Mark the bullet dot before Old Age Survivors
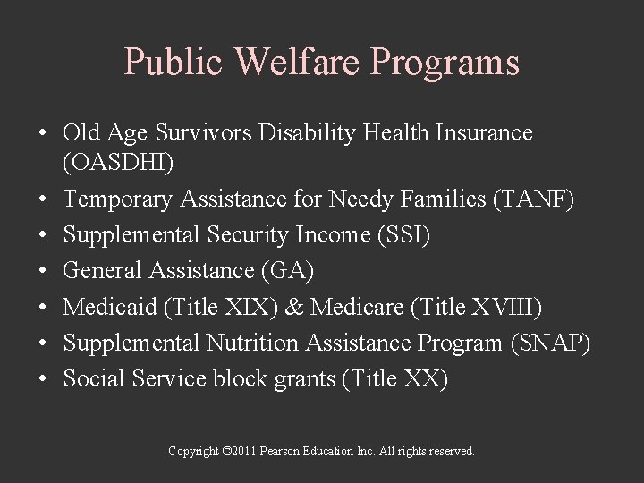coord(42,134)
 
